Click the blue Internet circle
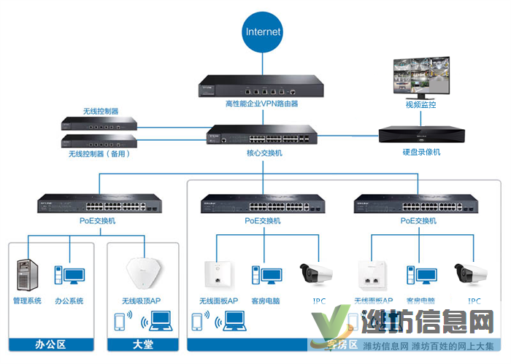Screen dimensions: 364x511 point(263,32)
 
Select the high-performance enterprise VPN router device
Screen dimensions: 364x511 point(251,88)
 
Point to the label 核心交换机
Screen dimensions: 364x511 point(258,152)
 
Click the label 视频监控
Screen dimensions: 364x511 point(421,104)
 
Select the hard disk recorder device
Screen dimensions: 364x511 point(421,136)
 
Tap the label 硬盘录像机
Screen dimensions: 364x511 point(421,152)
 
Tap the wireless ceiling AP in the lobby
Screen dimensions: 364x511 point(143,274)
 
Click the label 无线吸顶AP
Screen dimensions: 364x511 point(141,301)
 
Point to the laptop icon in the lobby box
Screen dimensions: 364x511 point(159,322)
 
